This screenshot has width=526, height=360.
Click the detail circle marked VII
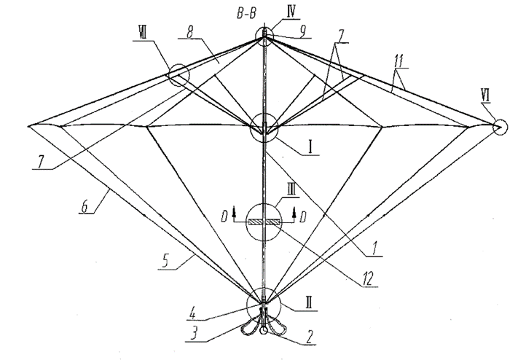[177, 74]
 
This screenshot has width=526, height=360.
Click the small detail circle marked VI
[499, 126]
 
